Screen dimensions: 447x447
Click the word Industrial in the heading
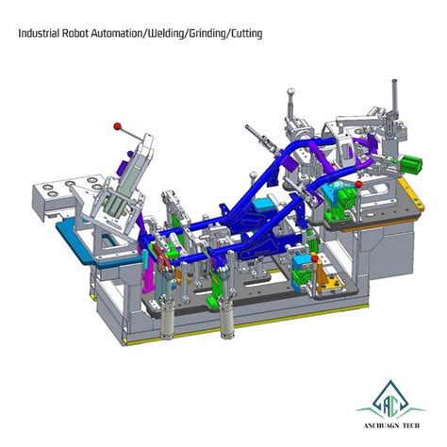[39, 33]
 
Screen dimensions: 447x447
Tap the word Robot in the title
[75, 33]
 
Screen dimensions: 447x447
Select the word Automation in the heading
[117, 33]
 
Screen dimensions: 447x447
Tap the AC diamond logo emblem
[390, 398]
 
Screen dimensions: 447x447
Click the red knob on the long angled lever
[117, 126]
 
